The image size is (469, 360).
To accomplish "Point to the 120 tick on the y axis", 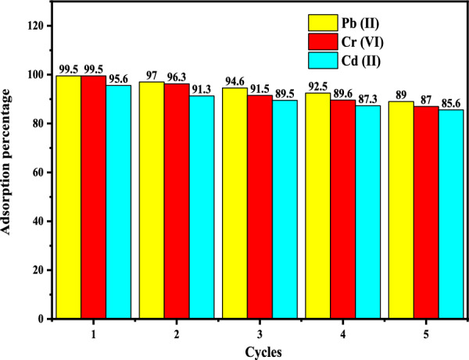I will point(33,26).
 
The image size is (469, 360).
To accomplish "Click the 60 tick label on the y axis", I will point(36,173).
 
